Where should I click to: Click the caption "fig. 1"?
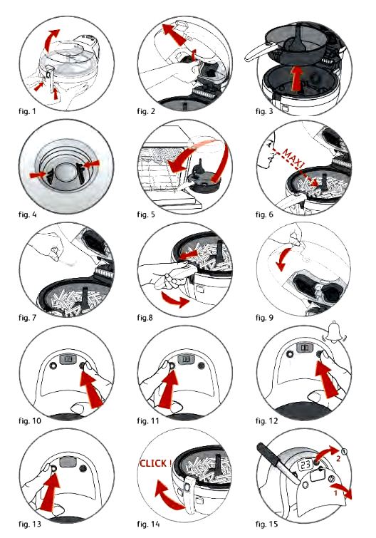[x=27, y=111]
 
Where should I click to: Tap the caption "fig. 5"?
[x=146, y=214]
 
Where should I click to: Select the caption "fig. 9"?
[x=264, y=318]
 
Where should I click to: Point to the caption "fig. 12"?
[x=266, y=421]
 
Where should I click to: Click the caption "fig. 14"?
[x=148, y=524]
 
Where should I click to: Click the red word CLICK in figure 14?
[x=153, y=464]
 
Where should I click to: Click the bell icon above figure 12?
[x=335, y=331]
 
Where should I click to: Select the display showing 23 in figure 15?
[x=305, y=465]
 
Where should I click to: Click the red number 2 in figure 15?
[x=338, y=458]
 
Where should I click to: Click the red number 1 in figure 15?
[x=336, y=493]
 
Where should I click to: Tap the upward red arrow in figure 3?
[x=297, y=79]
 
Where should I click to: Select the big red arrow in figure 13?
[x=50, y=492]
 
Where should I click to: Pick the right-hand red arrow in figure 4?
[x=92, y=165]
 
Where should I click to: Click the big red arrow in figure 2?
[x=174, y=35]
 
